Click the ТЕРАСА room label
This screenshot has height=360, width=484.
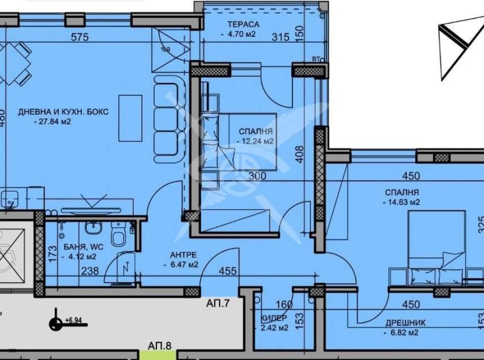(x=239, y=24)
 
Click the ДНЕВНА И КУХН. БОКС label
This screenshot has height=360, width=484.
(x=63, y=112)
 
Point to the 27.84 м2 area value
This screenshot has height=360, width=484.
(x=52, y=121)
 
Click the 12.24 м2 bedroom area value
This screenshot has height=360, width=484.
(x=255, y=142)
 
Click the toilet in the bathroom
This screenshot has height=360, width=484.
(x=116, y=237)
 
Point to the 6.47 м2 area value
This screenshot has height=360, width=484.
(x=181, y=264)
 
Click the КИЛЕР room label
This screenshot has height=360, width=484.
(x=274, y=317)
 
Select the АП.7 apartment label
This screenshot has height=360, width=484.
(x=218, y=304)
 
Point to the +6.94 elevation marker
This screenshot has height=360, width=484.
(x=72, y=319)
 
